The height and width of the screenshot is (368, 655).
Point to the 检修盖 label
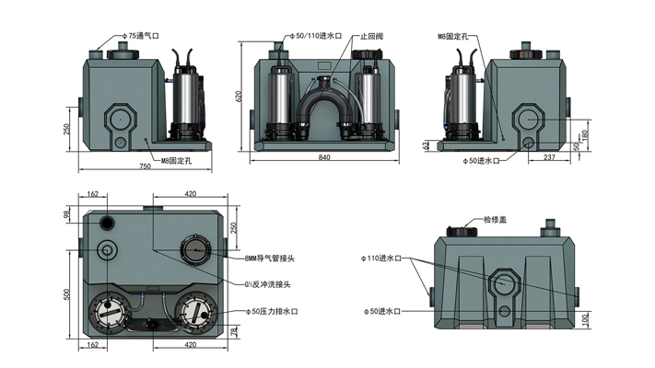point(497,220)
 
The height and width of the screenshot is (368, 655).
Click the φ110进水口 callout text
point(381,259)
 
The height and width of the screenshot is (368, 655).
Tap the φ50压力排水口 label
point(275,312)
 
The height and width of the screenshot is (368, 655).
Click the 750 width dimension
point(145,166)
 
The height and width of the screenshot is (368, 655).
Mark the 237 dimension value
point(550,157)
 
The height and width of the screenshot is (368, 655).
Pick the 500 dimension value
point(67,294)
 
